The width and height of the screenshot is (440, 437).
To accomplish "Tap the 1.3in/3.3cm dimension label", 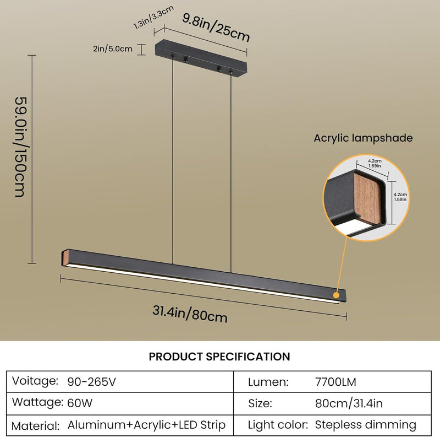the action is (x=153, y=17).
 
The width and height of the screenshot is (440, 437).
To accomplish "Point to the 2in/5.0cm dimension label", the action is (x=113, y=48).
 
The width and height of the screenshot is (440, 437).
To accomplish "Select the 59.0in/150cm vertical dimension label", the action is (x=21, y=147).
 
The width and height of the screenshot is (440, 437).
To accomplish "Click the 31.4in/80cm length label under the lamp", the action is (x=190, y=314).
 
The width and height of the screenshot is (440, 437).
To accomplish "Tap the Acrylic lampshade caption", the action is (x=363, y=138).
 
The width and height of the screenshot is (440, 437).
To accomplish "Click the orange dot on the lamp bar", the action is (x=336, y=295).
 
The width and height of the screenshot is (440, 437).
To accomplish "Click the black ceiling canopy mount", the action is (x=201, y=59).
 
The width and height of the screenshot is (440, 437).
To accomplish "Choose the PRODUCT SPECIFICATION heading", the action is (x=219, y=357).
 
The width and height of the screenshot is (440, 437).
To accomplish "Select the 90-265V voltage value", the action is (x=91, y=382).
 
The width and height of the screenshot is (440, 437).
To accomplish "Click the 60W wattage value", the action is (x=80, y=403).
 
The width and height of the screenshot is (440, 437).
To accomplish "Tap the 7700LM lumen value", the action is (x=335, y=382).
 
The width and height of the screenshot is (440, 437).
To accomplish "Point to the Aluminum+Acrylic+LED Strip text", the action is (x=146, y=425).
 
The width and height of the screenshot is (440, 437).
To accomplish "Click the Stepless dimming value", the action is (x=366, y=425).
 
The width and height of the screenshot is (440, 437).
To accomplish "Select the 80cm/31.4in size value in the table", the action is (x=349, y=403).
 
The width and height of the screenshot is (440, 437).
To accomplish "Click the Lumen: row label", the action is (x=268, y=382).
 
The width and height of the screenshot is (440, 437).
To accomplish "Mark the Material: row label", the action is (x=36, y=426).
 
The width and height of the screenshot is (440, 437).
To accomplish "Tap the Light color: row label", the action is (x=278, y=425).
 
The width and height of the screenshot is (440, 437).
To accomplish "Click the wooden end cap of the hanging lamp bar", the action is (x=65, y=257).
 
